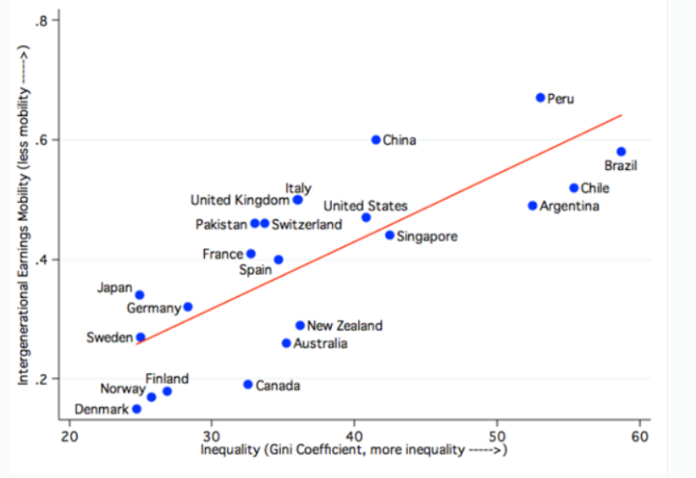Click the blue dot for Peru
tap(540, 98)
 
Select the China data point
tap(376, 140)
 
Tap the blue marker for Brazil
tap(621, 151)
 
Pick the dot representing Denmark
tap(136, 409)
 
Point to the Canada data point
tap(248, 384)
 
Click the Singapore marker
tap(389, 235)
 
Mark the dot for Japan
tap(140, 295)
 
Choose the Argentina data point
tap(533, 206)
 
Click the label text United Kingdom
tap(240, 201)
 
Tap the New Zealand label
tap(345, 326)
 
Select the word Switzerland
tap(307, 224)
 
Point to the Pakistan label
tap(221, 224)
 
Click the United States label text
tap(365, 206)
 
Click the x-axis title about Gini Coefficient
tap(353, 450)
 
